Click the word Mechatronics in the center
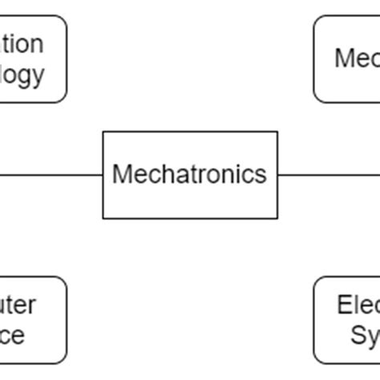tap(189, 174)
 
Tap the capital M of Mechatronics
tap(120, 174)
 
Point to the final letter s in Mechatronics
tap(261, 175)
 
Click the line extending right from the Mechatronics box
tap(329, 174)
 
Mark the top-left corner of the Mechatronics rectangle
tap(103, 131)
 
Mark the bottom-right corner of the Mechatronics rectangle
tap(277, 218)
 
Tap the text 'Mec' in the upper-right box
tap(357, 59)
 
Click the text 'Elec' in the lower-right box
tap(358, 305)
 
